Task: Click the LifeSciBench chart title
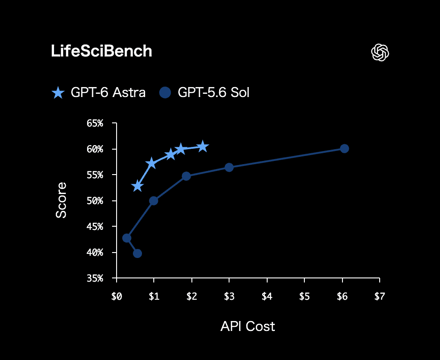(102, 51)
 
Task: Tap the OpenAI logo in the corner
(380, 52)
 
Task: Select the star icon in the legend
(59, 92)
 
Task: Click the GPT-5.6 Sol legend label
(214, 92)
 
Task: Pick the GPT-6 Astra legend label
(108, 92)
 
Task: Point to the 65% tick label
(95, 123)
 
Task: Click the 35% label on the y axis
(95, 278)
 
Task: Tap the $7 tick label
(380, 297)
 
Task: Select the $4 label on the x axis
(267, 297)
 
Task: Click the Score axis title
(61, 200)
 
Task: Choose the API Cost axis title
(248, 326)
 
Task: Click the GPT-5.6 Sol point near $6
(344, 148)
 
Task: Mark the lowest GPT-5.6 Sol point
(137, 253)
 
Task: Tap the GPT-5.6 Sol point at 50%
(153, 200)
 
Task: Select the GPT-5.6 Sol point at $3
(229, 167)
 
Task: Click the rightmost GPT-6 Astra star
(203, 147)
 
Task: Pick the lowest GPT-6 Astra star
(137, 186)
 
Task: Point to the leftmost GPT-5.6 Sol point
(127, 238)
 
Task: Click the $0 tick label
(117, 297)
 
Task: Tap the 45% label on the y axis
(95, 227)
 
